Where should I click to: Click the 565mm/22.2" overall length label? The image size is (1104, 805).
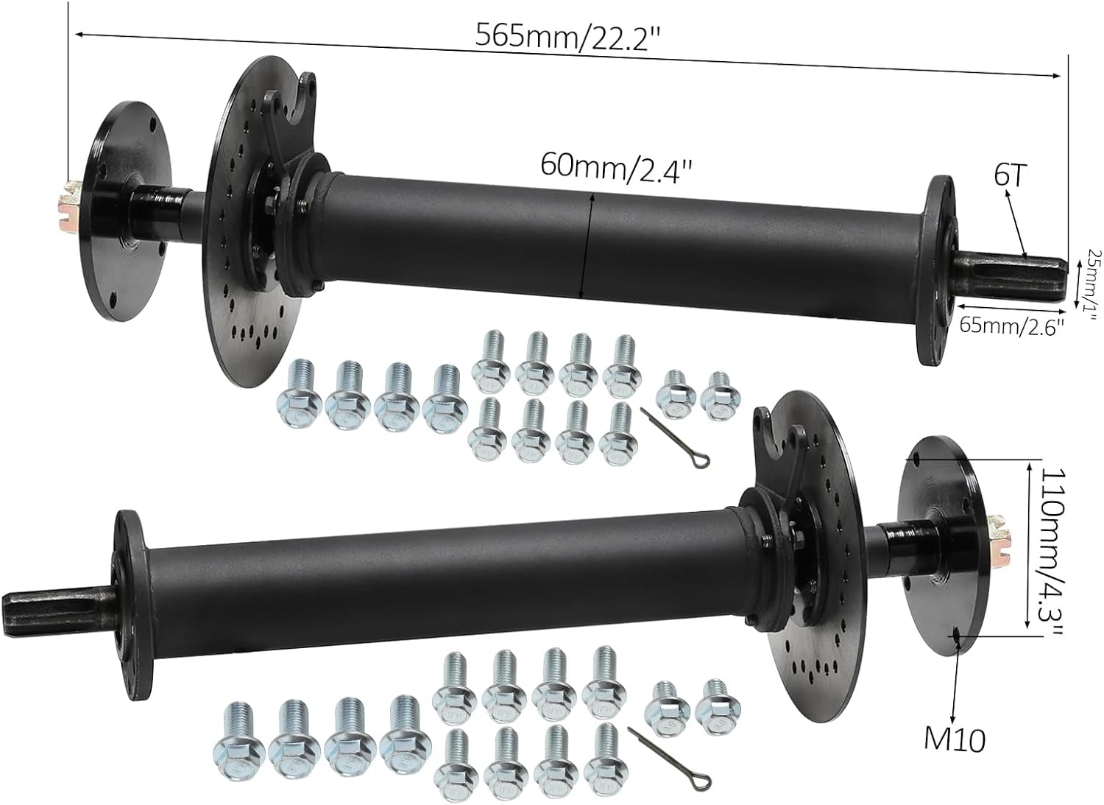[x=565, y=35]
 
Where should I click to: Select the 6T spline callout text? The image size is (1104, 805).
[x=1010, y=175]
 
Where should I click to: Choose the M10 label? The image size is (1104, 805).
[x=955, y=739]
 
